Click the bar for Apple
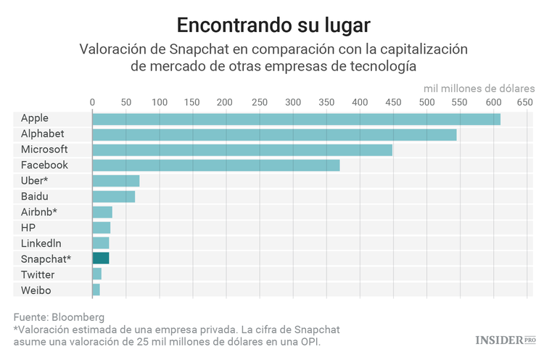click(x=296, y=119)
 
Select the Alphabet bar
click(x=274, y=134)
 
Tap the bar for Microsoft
click(x=242, y=150)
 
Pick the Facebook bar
click(x=216, y=165)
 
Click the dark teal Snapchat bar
click(x=101, y=258)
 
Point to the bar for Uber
click(x=116, y=181)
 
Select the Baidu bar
click(x=114, y=196)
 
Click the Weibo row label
click(x=36, y=290)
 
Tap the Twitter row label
click(x=38, y=274)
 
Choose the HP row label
click(x=28, y=227)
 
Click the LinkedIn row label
click(x=41, y=243)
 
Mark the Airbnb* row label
click(x=39, y=212)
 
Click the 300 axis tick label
click(x=292, y=103)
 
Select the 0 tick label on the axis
click(x=92, y=103)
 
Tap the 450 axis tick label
click(x=392, y=103)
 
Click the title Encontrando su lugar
click(x=272, y=25)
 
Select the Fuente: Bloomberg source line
click(x=59, y=317)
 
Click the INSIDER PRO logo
click(x=505, y=340)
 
